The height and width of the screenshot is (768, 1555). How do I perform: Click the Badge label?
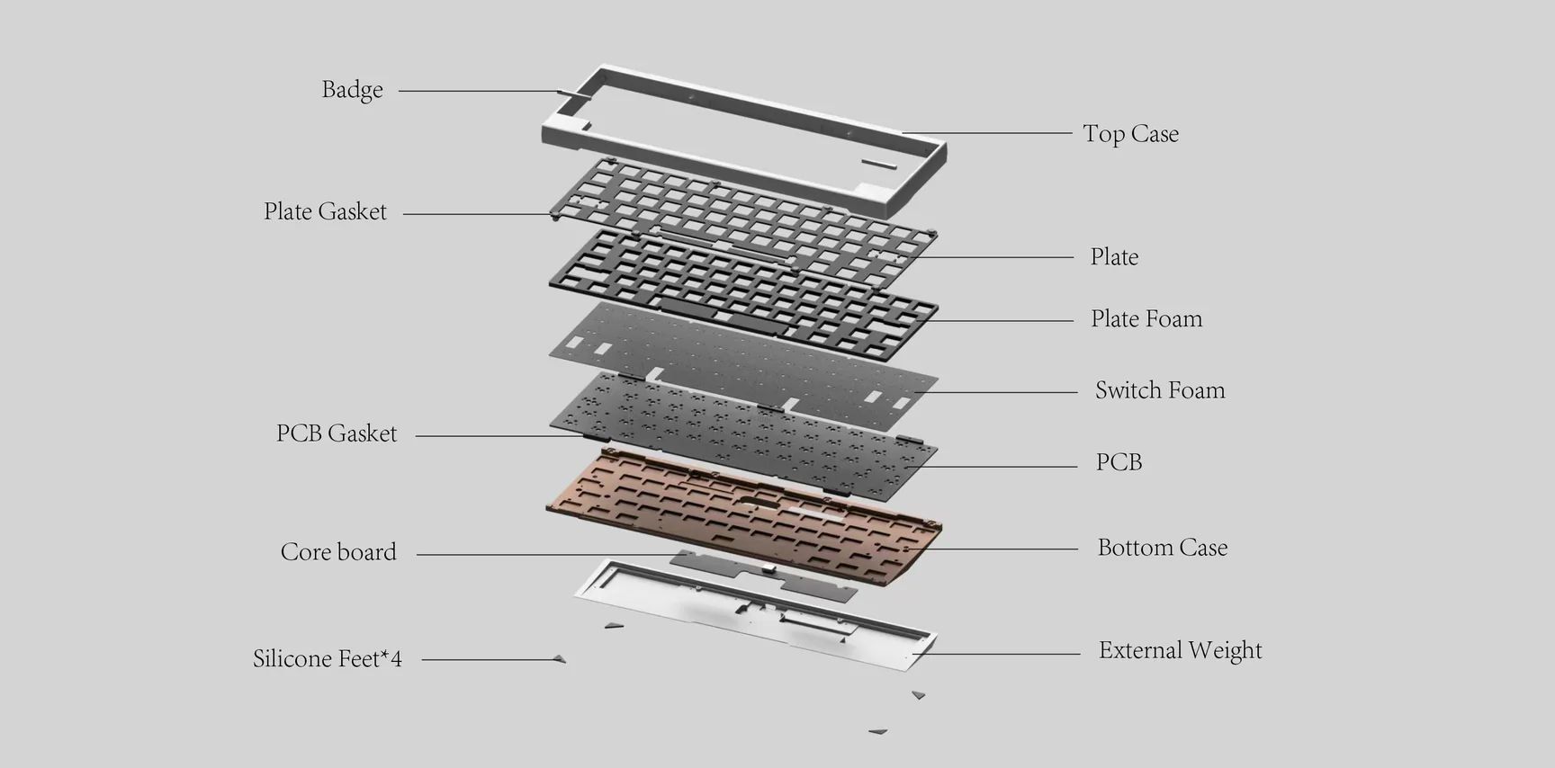(x=352, y=90)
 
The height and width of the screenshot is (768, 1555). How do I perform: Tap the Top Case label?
(x=1130, y=134)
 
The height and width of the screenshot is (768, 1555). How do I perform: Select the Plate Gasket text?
(x=325, y=211)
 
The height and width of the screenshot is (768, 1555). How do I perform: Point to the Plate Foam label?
(x=1146, y=318)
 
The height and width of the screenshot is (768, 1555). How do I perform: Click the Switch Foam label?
(x=1160, y=390)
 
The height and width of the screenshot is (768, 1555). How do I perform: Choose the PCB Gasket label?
(x=337, y=433)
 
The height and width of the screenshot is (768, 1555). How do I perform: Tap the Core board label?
(x=338, y=552)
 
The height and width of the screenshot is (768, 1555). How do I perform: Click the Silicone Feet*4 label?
(x=328, y=659)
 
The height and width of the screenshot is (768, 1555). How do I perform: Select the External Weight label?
(x=1181, y=650)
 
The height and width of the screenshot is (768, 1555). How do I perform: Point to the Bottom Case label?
(x=1163, y=548)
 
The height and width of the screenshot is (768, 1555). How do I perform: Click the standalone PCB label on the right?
(x=1119, y=462)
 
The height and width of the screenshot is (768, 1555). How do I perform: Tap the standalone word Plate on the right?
(x=1114, y=257)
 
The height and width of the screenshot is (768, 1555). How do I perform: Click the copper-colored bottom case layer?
(x=743, y=514)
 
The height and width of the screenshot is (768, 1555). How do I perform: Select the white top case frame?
(x=744, y=138)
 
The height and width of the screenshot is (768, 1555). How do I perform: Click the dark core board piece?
(x=764, y=576)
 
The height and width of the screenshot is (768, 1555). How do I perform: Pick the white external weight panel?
(x=755, y=615)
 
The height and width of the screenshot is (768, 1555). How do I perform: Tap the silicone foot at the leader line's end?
(x=560, y=659)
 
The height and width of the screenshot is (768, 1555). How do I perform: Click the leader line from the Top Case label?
(x=987, y=133)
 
